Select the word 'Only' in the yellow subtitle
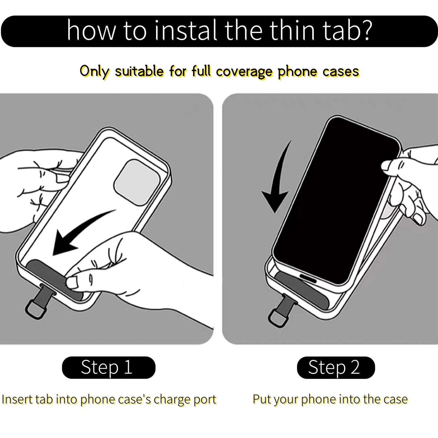pos(95,72)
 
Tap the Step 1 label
pos(109,367)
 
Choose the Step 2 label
pos(336,367)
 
